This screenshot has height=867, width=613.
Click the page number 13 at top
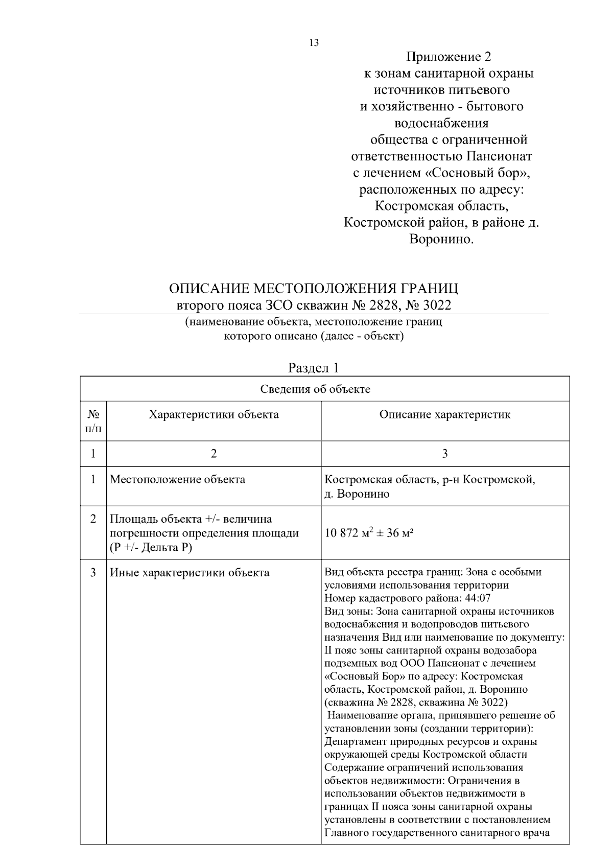click(x=314, y=43)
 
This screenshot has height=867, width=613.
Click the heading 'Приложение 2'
click(x=449, y=57)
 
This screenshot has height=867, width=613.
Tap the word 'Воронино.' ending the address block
click(x=441, y=239)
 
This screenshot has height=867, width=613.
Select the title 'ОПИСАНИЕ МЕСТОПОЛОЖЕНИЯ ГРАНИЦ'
click(x=314, y=289)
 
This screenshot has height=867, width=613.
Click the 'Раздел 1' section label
click(x=314, y=368)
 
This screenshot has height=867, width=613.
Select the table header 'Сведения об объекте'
click(x=315, y=389)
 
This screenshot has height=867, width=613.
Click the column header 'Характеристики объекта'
click(x=214, y=414)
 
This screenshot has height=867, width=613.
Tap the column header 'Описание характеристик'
click(x=444, y=414)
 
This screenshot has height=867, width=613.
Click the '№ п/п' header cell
click(x=93, y=420)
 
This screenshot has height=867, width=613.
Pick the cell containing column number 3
click(x=444, y=454)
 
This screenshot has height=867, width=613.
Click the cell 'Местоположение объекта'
click(x=177, y=480)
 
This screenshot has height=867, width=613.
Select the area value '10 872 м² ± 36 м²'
click(x=369, y=533)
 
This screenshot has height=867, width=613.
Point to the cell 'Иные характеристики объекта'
click(x=190, y=573)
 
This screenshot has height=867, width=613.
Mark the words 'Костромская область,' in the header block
click(x=441, y=206)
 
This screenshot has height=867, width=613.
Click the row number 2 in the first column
click(x=93, y=519)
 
